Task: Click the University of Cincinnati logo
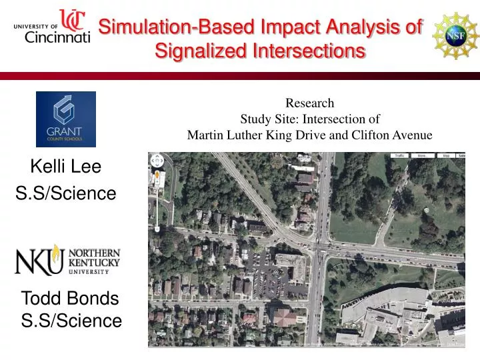[x=52, y=27]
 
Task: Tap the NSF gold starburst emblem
[x=455, y=35]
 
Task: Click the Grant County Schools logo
[x=65, y=119]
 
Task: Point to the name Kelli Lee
[x=65, y=167]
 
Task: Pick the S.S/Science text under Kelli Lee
[x=65, y=193]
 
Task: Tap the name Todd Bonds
[x=70, y=298]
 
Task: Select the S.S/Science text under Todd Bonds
[x=71, y=321]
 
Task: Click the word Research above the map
[x=309, y=103]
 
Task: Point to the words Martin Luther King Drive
[x=257, y=135]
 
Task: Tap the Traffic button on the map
[x=399, y=155]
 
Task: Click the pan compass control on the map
[x=157, y=161]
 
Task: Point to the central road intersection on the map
[x=321, y=251]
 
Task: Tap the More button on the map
[x=421, y=155]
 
